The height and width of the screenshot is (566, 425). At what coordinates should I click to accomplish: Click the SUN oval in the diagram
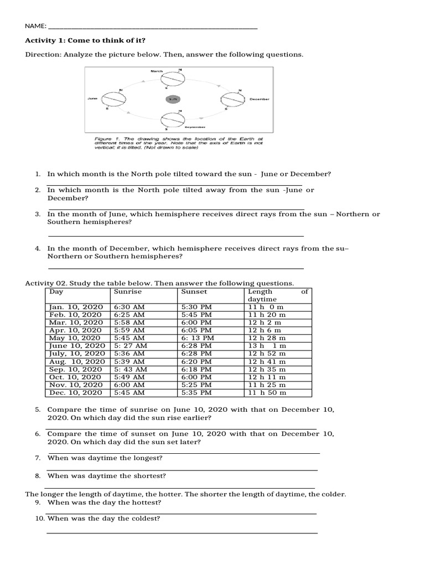172,99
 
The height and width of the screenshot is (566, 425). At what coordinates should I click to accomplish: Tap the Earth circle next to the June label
114,99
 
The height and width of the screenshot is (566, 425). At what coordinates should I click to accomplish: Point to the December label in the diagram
260,99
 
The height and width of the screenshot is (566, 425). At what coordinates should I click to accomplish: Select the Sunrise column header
128,291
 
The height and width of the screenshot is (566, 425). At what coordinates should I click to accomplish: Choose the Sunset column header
194,291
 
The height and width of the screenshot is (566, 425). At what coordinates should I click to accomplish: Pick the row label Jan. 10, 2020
76,306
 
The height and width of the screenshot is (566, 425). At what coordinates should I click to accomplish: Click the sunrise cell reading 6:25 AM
129,314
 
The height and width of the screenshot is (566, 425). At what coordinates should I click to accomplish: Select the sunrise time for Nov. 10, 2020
129,385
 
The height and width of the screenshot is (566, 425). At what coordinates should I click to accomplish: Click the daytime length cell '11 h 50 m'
267,392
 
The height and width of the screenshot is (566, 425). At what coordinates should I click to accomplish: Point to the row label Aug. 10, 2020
76,361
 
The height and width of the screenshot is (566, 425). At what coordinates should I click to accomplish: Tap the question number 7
38,458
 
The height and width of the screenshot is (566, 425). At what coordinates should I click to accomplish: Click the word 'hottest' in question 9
147,503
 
